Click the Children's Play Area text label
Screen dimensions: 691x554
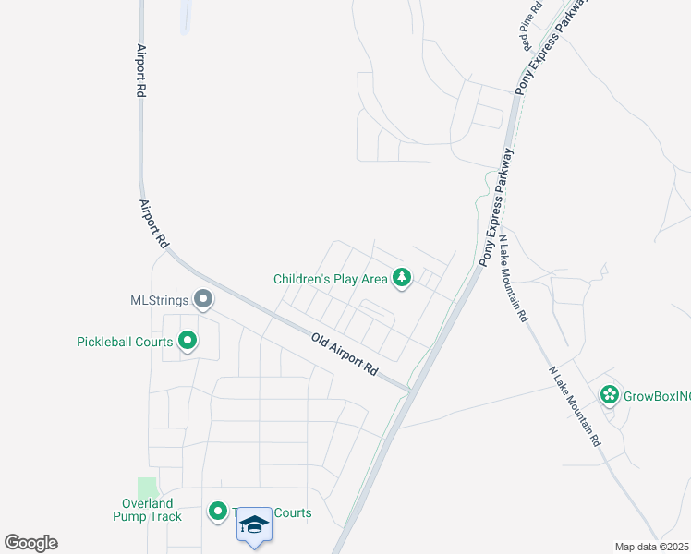(330, 279)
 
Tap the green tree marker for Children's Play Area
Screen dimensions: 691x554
(402, 277)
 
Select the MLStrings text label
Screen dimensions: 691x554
(159, 300)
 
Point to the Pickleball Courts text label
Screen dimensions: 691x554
(125, 342)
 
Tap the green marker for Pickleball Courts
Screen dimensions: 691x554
(188, 342)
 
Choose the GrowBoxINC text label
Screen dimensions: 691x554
(658, 396)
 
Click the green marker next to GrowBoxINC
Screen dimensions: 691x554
(609, 395)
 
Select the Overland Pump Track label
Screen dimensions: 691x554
(148, 510)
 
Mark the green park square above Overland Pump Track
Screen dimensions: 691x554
(147, 487)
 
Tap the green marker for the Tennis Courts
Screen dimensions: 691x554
(218, 511)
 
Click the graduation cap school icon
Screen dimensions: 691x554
(254, 525)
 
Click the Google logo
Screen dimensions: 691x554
(30, 543)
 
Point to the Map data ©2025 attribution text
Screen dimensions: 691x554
(651, 547)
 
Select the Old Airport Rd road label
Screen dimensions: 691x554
(345, 354)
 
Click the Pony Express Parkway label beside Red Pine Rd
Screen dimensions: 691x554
(552, 46)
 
